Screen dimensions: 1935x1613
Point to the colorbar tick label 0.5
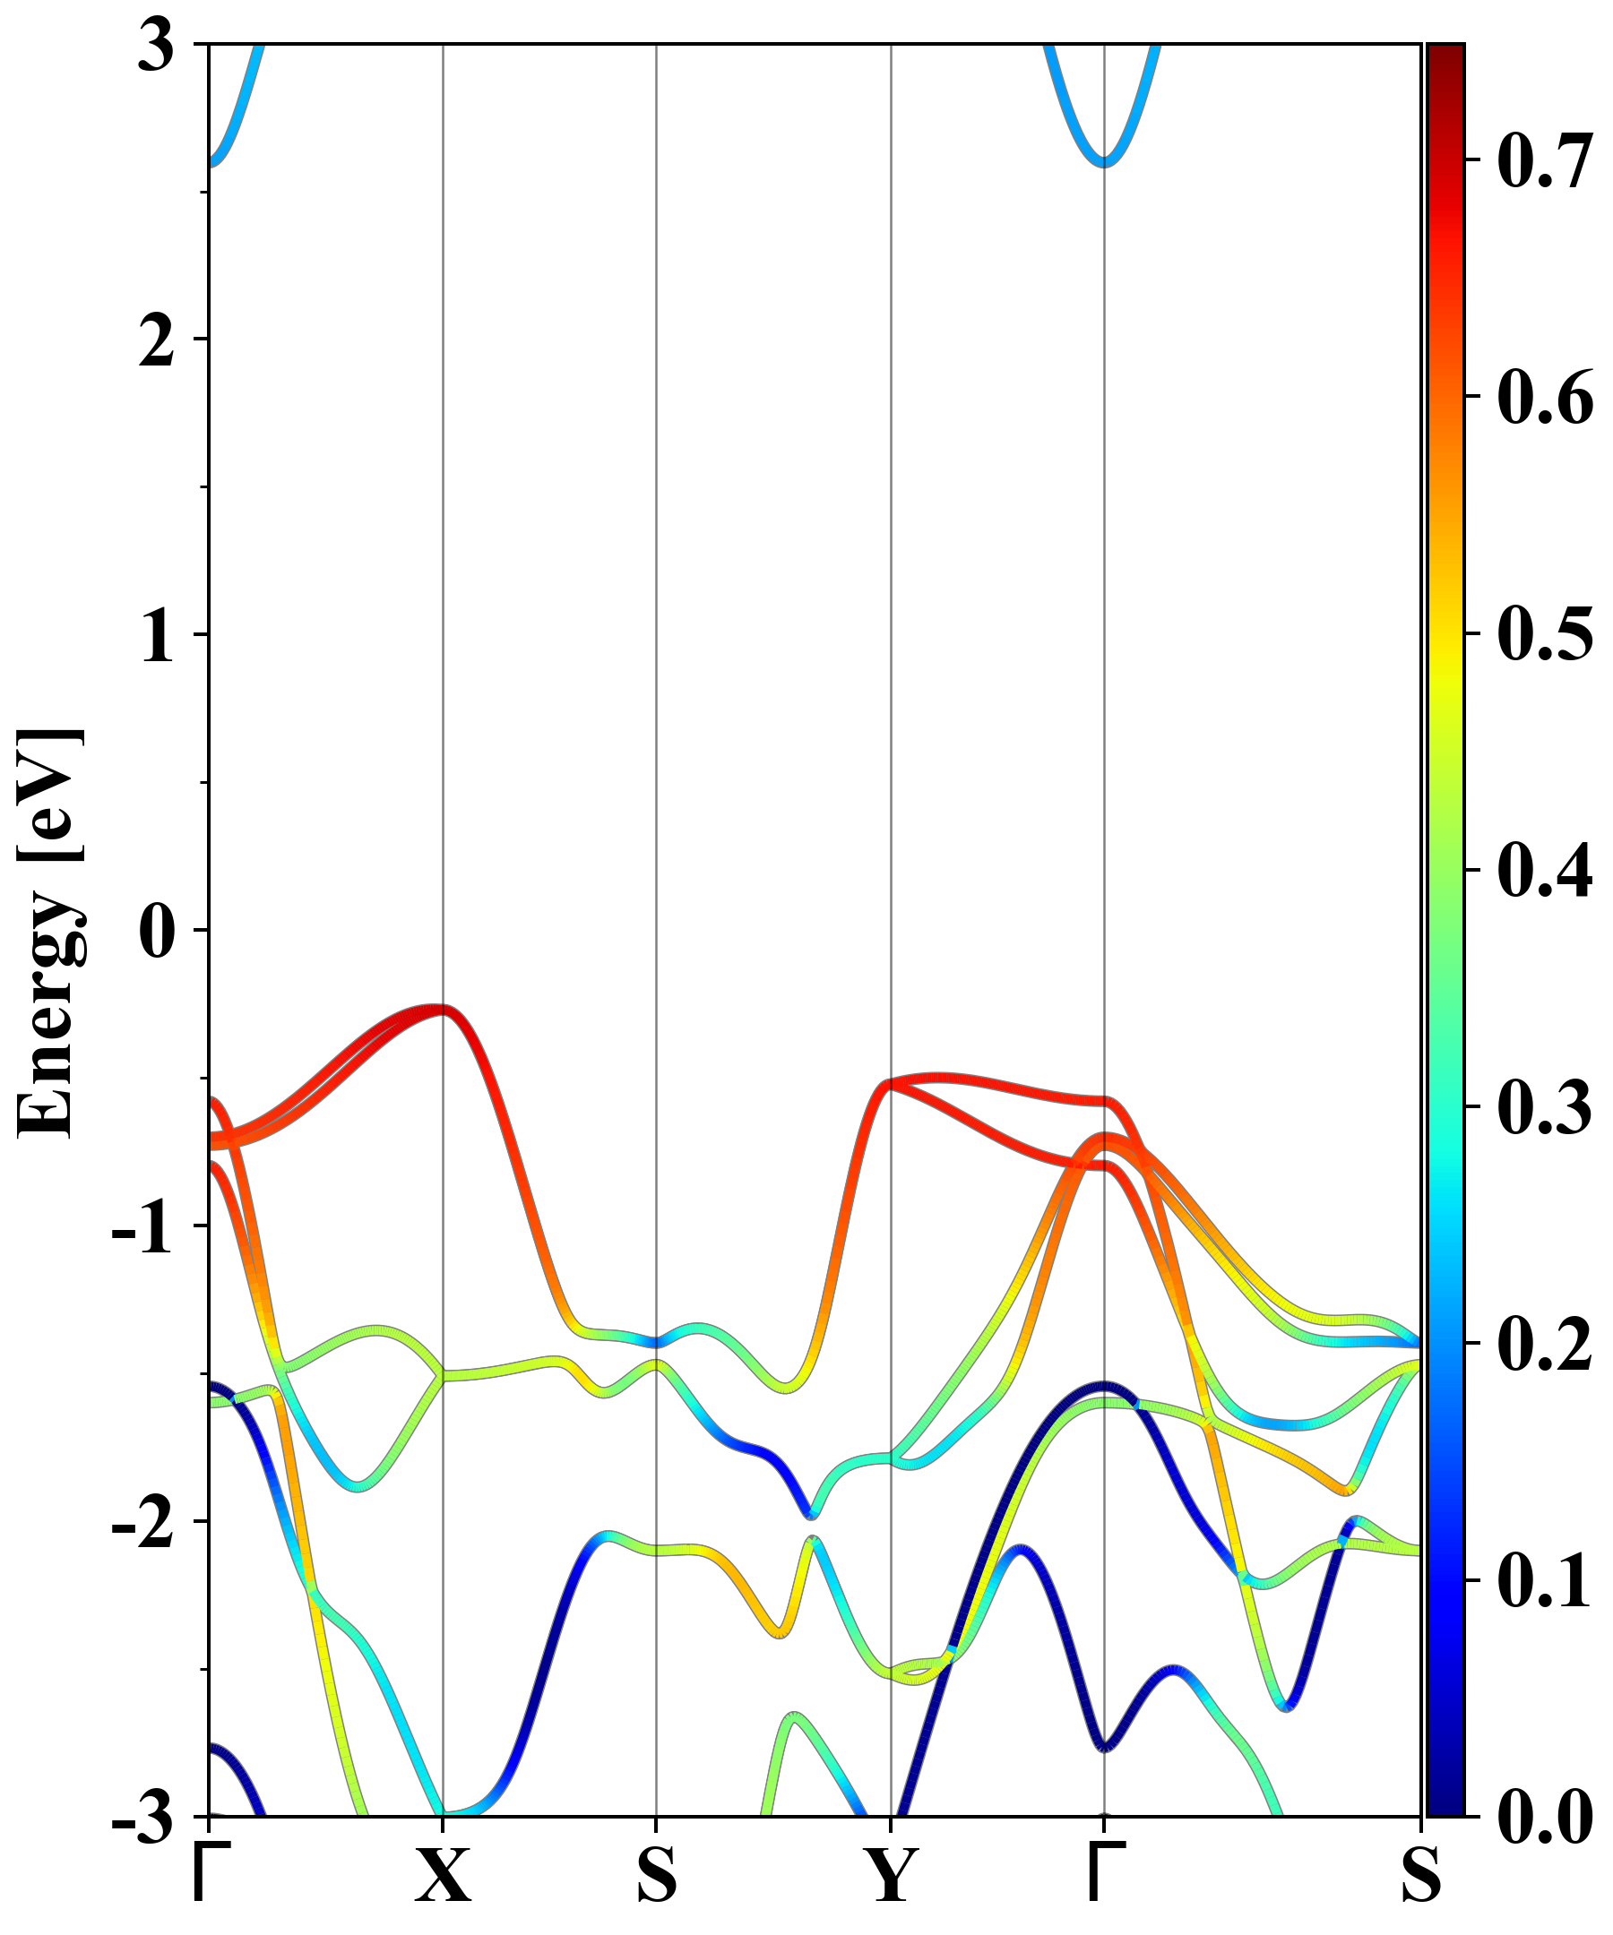pyautogui.click(x=1544, y=634)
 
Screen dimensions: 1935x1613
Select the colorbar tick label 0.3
pyautogui.click(x=1544, y=1106)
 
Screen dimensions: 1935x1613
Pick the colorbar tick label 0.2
pyautogui.click(x=1544, y=1345)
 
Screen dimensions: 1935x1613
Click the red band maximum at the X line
pyautogui.click(x=443, y=1009)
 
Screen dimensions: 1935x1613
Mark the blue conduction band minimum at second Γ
pyautogui.click(x=1105, y=162)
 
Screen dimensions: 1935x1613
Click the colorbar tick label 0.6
pyautogui.click(x=1544, y=398)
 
